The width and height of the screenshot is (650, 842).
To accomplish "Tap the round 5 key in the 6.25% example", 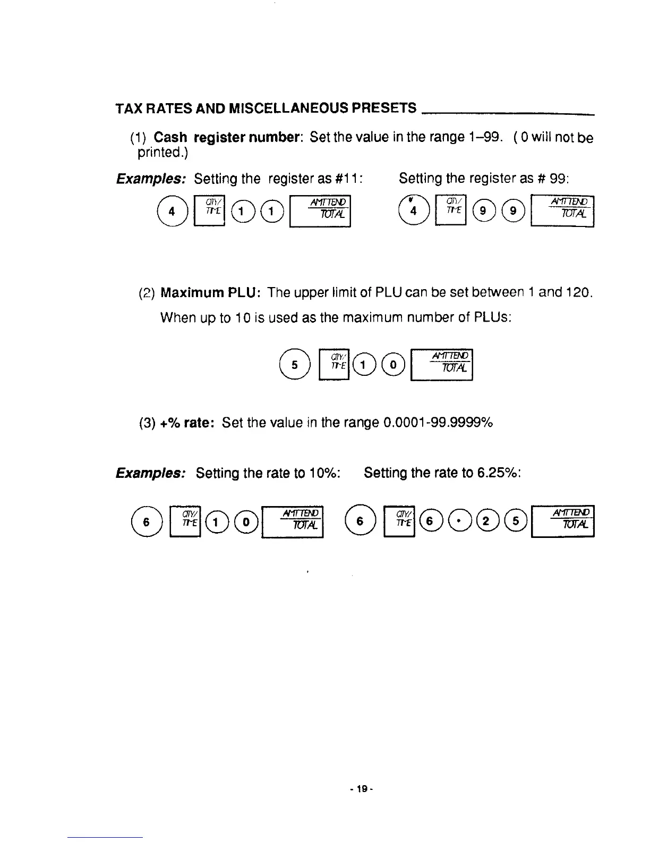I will [x=516, y=521].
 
